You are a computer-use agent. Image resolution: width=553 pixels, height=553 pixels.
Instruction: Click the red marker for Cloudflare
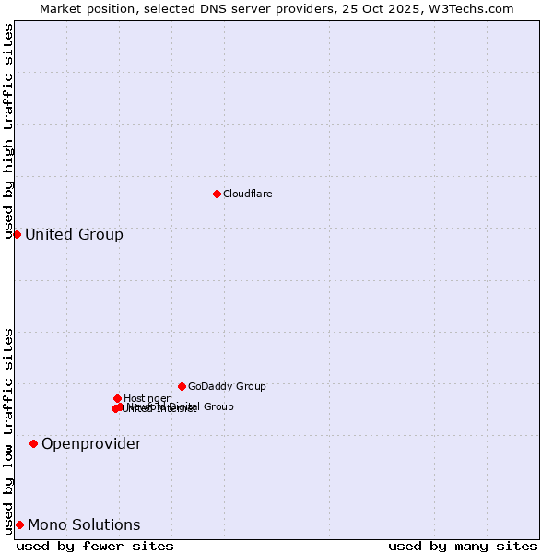[217, 194]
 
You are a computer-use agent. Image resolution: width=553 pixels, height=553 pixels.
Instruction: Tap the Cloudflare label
[247, 194]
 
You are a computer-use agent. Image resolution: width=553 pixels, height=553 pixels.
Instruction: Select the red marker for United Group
[17, 234]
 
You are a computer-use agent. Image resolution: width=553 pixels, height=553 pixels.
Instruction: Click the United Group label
[74, 234]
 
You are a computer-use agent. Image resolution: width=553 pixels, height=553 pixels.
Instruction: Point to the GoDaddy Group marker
[182, 386]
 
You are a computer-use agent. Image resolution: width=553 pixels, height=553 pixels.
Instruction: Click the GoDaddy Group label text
[227, 386]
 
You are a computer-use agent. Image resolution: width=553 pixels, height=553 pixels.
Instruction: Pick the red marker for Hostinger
[117, 398]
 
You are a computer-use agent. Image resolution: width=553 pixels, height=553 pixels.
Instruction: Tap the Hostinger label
[147, 398]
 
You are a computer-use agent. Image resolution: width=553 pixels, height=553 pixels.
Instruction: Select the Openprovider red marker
[33, 443]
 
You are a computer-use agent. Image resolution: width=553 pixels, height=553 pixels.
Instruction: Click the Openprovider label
[91, 444]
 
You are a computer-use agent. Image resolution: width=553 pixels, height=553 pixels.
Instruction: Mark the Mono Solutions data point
[19, 524]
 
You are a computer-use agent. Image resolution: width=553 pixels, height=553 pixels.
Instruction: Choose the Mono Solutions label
[84, 525]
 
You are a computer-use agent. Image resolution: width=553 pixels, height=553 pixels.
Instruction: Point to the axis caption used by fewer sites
[95, 546]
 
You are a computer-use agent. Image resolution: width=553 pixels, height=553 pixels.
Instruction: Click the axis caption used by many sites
[463, 546]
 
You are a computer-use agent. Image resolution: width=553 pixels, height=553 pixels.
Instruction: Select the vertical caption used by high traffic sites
[8, 131]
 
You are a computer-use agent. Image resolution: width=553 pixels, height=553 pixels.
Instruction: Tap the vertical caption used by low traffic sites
[8, 431]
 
